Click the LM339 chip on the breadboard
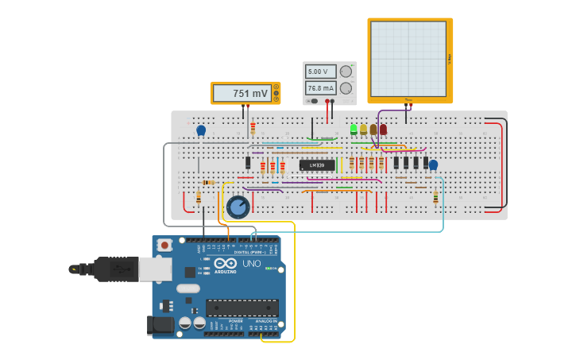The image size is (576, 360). click(x=316, y=165)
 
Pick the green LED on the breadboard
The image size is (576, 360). click(x=354, y=129)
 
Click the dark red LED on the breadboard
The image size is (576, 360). click(x=383, y=129)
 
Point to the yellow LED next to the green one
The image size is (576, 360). click(x=363, y=129)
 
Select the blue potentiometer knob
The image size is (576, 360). click(x=238, y=207)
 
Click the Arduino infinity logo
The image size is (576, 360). click(x=225, y=264)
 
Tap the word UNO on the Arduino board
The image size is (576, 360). click(x=251, y=264)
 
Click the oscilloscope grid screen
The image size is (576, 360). click(x=408, y=59)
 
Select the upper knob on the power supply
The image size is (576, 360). click(x=346, y=72)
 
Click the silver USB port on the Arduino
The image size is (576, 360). click(x=155, y=269)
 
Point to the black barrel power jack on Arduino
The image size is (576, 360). click(x=160, y=324)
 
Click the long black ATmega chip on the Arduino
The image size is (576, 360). click(x=242, y=308)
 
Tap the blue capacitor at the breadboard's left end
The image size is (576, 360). click(x=201, y=130)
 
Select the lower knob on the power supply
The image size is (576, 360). click(x=346, y=88)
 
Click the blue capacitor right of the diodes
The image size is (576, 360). click(x=433, y=165)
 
